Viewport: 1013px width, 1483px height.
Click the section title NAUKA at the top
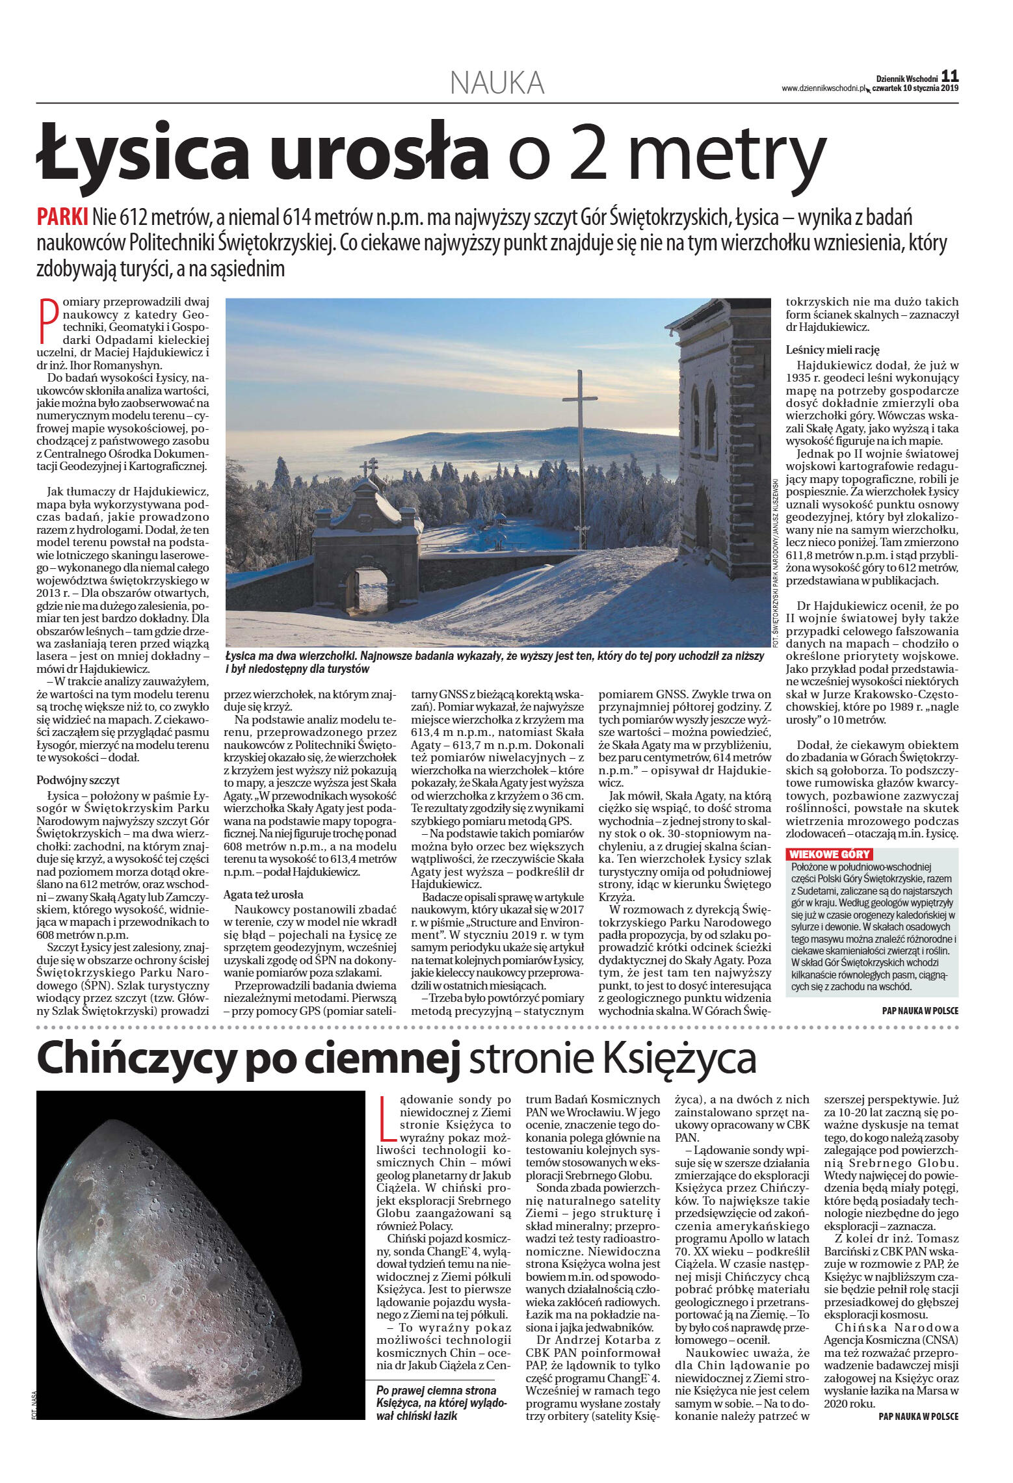click(x=497, y=83)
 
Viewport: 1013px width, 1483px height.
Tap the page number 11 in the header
click(x=949, y=76)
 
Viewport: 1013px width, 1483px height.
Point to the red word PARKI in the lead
click(x=62, y=217)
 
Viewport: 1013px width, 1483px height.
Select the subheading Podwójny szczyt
click(x=78, y=780)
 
